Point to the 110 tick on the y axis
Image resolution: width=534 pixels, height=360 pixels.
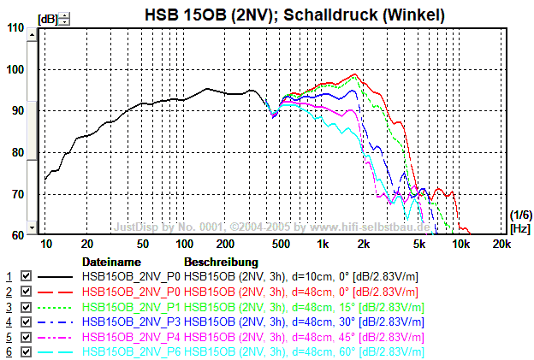(x=15, y=27)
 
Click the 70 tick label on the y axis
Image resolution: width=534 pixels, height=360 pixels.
(x=17, y=194)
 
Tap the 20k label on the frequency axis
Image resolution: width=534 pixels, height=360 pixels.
(x=501, y=245)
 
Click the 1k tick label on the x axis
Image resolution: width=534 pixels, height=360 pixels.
(x=322, y=245)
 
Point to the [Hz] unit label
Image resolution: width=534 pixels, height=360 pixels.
(x=519, y=229)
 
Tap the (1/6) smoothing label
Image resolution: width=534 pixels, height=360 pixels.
(x=519, y=215)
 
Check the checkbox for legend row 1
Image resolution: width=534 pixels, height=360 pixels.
(x=26, y=277)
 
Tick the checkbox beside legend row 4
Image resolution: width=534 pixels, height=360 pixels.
(x=26, y=322)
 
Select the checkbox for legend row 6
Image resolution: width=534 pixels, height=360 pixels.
(x=26, y=351)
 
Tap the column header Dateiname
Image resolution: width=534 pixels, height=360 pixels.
(x=110, y=262)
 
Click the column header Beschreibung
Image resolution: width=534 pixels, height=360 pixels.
(x=221, y=262)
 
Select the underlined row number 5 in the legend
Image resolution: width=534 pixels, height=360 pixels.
(x=9, y=337)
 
